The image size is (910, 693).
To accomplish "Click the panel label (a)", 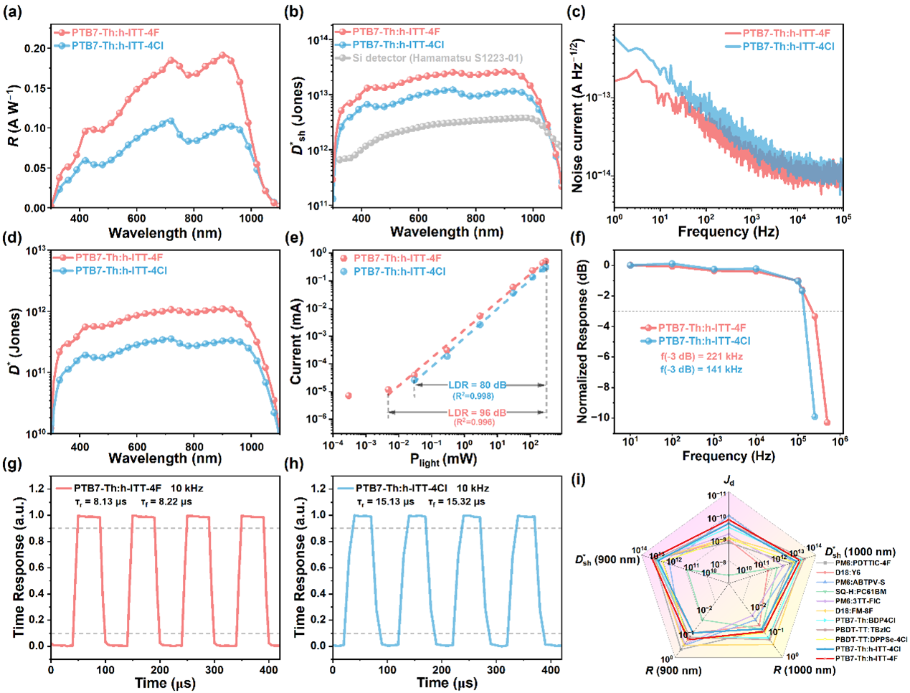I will coord(12,12).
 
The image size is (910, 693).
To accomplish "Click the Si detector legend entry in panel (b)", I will coord(437,57).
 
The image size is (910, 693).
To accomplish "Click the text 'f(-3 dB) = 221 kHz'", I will coord(701,356).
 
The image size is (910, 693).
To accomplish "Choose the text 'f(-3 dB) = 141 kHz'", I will coord(701,369).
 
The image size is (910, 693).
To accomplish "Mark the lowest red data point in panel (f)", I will coord(827,423).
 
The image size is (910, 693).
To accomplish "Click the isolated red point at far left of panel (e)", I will coord(349,396).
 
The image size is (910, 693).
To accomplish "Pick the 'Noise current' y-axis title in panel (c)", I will coord(578,115).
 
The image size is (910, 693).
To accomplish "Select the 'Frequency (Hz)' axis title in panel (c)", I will coord(728,232).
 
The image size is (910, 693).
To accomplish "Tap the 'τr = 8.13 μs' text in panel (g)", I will coord(97,501).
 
